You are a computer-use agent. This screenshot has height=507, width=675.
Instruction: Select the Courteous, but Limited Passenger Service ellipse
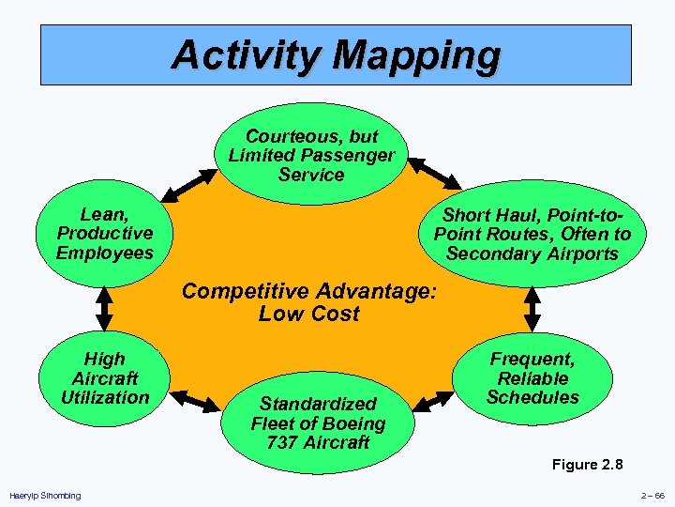(312, 155)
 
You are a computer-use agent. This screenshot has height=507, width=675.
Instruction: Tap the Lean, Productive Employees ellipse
(104, 234)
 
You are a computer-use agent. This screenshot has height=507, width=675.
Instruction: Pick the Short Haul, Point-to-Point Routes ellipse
(532, 235)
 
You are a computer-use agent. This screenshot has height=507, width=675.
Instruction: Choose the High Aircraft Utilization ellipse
(104, 378)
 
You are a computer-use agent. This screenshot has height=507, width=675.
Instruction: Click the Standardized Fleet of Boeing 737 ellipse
(318, 422)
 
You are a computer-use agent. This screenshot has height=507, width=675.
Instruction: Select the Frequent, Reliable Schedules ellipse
(532, 378)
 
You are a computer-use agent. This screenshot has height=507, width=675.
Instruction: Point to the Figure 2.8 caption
(587, 465)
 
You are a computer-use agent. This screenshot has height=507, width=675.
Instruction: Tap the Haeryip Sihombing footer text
(45, 496)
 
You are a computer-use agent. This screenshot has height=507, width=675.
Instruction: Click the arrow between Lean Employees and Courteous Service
(192, 185)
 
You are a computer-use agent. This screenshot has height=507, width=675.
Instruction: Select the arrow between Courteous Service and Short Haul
(432, 173)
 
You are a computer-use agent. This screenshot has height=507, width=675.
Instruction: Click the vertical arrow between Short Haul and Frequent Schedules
(532, 306)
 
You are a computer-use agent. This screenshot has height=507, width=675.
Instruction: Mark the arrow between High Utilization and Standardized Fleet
(195, 402)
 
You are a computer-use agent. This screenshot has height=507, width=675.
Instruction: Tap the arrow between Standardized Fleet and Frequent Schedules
(434, 399)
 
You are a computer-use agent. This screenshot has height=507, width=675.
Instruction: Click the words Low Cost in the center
(308, 314)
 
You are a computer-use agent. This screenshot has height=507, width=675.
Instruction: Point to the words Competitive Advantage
(308, 291)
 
